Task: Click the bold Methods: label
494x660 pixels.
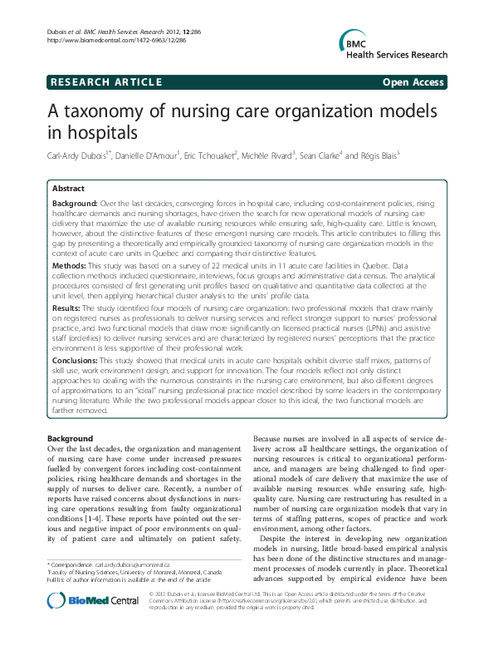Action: [70, 264]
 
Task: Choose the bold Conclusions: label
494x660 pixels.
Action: [78, 362]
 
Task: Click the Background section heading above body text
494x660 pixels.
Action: [70, 438]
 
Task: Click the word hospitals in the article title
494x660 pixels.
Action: [91, 133]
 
